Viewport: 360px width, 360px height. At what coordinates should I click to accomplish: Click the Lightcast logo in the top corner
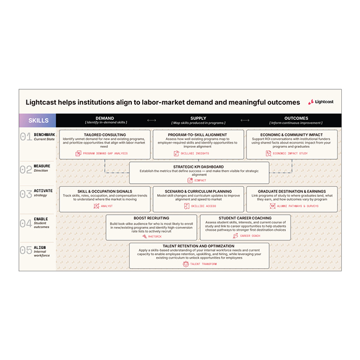[x=322, y=102]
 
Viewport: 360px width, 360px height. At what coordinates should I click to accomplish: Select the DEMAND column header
[x=105, y=118]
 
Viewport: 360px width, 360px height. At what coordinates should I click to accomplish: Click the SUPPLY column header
[x=198, y=118]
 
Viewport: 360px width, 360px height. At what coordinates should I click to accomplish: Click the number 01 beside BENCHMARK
[x=25, y=137]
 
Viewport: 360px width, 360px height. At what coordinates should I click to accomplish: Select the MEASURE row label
[x=42, y=167]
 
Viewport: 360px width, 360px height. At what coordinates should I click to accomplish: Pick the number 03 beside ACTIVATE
[x=25, y=194]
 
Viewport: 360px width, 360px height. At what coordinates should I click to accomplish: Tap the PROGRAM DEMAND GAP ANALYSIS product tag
[x=105, y=154]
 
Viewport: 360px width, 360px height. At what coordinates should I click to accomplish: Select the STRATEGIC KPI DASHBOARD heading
[x=199, y=167]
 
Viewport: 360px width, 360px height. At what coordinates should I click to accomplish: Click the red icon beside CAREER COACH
[x=235, y=236]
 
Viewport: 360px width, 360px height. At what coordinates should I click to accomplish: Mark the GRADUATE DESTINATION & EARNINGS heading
[x=292, y=191]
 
